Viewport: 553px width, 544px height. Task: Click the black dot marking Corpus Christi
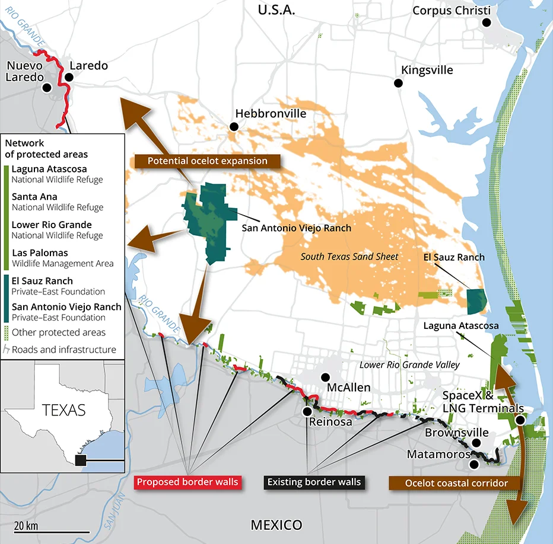(487, 23)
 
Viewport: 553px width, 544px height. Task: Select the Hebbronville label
(271, 113)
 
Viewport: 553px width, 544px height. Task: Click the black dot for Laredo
(68, 77)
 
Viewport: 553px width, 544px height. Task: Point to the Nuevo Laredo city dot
(47, 87)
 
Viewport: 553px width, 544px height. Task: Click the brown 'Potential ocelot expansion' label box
(207, 161)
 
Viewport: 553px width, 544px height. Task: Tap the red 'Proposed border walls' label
(187, 482)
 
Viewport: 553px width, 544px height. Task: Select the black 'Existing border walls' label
(314, 482)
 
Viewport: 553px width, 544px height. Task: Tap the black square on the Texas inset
(81, 460)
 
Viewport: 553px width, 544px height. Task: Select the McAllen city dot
(325, 377)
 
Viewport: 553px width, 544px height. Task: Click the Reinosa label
(330, 422)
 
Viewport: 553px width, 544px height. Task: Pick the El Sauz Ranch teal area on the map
(476, 301)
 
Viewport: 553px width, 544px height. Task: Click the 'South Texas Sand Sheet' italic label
(349, 257)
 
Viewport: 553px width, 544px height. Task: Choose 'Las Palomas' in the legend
(40, 253)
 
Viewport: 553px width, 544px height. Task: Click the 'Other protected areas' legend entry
(59, 332)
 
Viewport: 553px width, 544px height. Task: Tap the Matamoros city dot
(474, 465)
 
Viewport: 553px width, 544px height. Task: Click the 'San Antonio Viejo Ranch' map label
(296, 228)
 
